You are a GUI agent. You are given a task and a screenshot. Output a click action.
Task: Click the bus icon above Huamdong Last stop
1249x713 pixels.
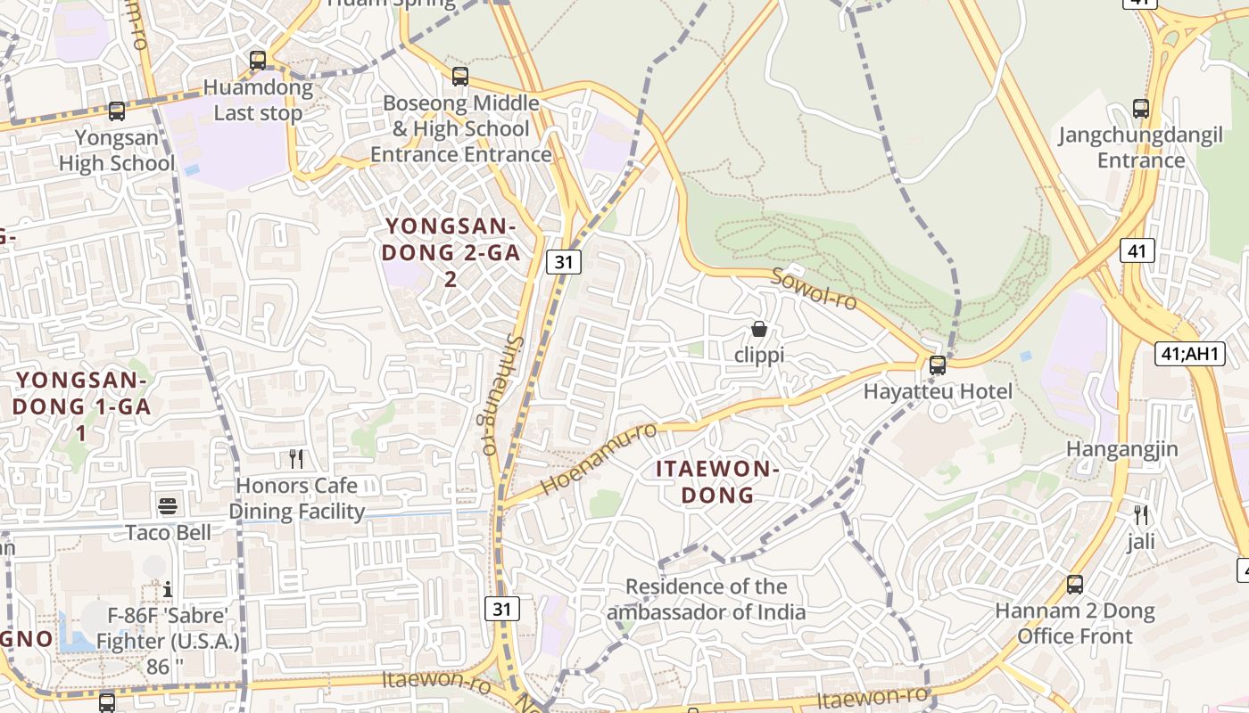pos(258,61)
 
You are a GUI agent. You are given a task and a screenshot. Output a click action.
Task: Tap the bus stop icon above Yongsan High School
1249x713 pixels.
pos(117,111)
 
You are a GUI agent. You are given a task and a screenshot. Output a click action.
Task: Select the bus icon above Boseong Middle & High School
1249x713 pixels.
pos(460,77)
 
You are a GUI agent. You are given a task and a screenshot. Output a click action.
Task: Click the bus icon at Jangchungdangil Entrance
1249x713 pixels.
pos(1140,109)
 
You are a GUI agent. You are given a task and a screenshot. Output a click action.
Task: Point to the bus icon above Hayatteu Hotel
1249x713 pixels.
pos(938,365)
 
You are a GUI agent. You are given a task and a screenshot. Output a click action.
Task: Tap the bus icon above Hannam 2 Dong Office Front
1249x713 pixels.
pos(1075,585)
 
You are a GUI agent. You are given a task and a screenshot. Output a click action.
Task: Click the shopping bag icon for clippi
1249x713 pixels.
pos(759,329)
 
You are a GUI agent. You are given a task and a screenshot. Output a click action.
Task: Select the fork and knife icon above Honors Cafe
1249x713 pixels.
pos(296,459)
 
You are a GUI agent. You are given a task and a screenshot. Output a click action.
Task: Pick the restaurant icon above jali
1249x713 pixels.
pos(1140,514)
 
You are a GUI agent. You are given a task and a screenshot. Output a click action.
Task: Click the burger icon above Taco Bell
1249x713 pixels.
pos(168,506)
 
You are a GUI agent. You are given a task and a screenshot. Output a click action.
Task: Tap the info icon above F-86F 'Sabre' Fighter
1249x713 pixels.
pos(168,589)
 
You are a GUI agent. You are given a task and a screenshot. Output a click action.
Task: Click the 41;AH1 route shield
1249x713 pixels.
pos(1189,354)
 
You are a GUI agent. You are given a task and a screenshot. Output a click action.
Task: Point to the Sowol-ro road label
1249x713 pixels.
pos(814,288)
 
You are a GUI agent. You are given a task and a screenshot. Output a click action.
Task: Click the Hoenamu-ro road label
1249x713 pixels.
pos(599,458)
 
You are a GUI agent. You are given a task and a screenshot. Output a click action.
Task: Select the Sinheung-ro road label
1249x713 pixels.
pos(497,395)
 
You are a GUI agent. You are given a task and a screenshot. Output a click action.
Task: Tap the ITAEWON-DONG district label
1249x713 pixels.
pos(718,481)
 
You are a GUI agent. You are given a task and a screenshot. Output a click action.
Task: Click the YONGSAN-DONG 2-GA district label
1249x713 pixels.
pos(451,252)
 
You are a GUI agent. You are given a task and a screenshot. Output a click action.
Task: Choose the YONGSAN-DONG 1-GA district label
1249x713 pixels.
pos(81,406)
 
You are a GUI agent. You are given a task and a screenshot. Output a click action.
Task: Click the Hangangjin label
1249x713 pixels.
pos(1122,448)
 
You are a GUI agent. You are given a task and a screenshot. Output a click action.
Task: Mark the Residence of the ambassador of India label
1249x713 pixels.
pos(707,599)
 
